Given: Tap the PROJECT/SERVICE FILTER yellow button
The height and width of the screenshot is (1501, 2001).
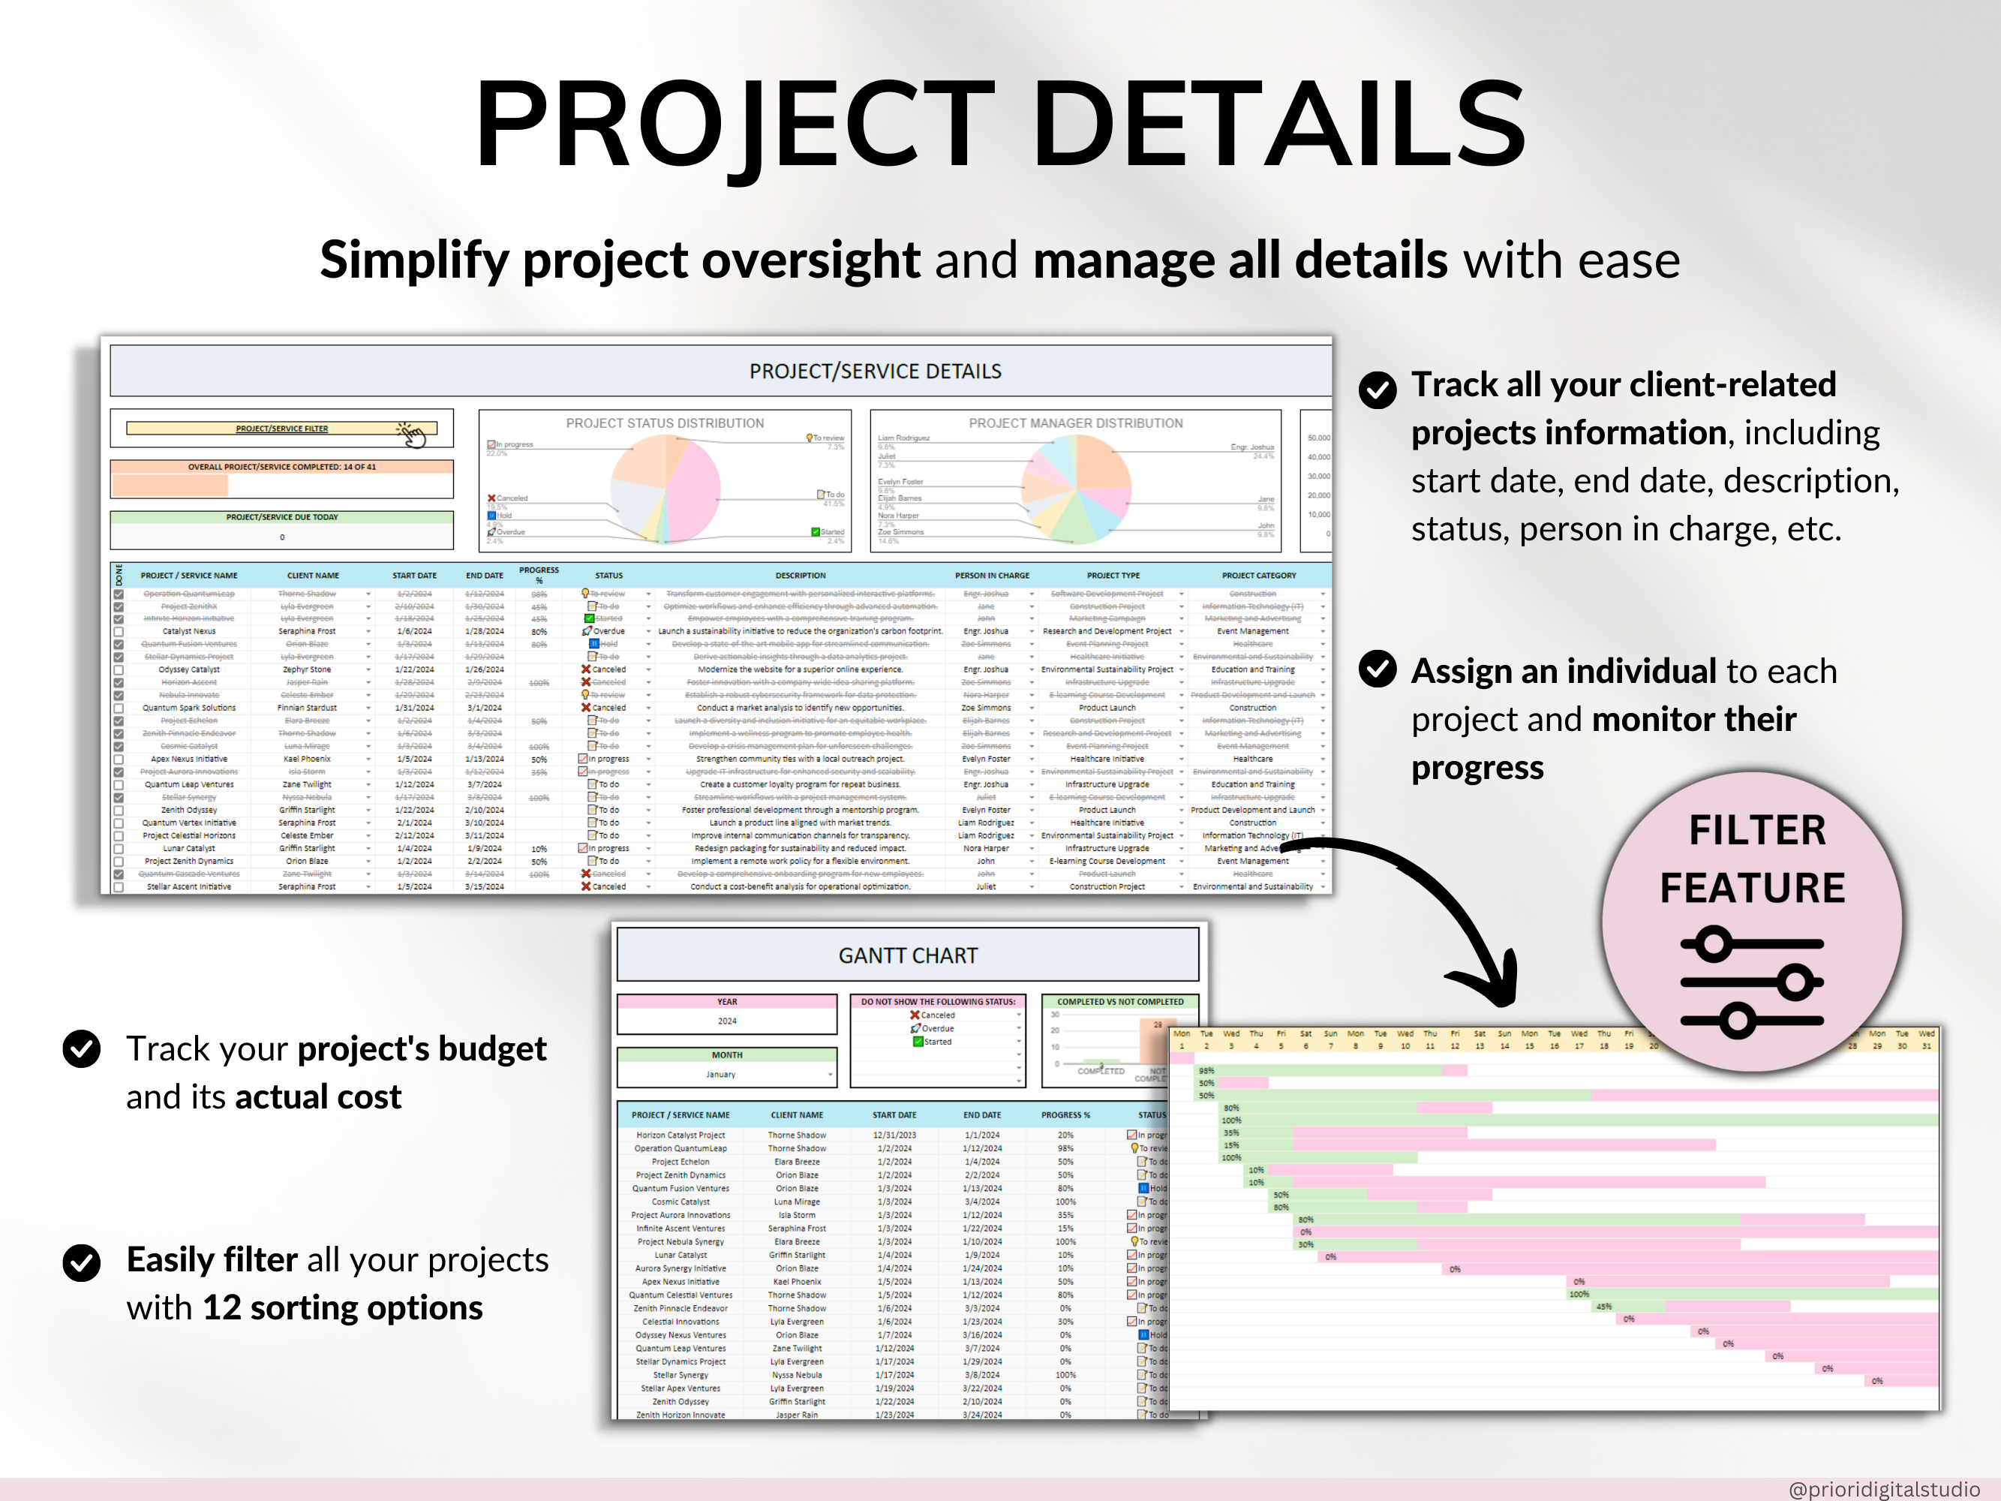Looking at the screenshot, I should [281, 429].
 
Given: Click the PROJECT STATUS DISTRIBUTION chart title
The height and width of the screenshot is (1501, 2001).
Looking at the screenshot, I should [665, 423].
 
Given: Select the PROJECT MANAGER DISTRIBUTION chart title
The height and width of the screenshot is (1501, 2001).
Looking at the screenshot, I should [1076, 423].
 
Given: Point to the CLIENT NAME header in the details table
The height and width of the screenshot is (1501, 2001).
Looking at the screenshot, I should [313, 576].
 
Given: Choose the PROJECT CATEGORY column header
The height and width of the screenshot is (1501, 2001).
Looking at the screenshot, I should [1258, 576].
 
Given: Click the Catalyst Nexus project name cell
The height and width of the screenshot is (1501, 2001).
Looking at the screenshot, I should [189, 631].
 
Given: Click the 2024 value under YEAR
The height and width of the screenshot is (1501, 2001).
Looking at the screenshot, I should [727, 1021].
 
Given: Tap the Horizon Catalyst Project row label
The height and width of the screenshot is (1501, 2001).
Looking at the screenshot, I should [681, 1136].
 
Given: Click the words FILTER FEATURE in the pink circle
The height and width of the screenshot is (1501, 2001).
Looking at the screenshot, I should [1753, 859].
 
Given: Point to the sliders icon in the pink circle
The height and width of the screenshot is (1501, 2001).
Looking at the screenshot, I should [1751, 982].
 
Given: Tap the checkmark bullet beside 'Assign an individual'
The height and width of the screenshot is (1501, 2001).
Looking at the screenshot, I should [1378, 670].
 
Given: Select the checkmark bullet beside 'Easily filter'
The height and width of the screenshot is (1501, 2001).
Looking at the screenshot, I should [82, 1263].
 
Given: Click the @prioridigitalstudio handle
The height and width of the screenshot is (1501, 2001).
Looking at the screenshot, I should [1883, 1488].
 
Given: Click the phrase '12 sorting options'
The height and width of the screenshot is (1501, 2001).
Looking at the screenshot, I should [343, 1308].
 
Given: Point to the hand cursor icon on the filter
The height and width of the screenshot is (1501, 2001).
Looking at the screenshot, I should [413, 435].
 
